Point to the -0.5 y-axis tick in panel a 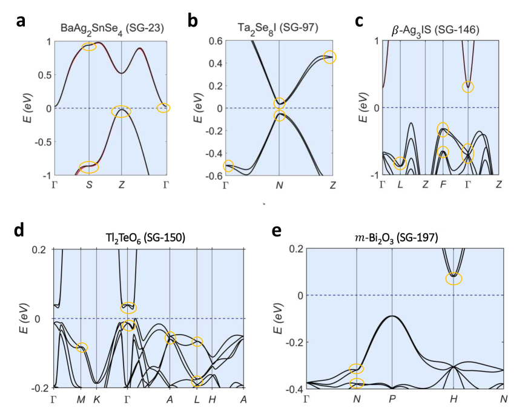tap(41, 142)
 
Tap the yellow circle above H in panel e tap(454, 278)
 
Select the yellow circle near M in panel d tap(82, 347)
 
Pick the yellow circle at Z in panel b tap(329, 58)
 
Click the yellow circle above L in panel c tap(400, 163)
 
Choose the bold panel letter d tap(19, 231)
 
